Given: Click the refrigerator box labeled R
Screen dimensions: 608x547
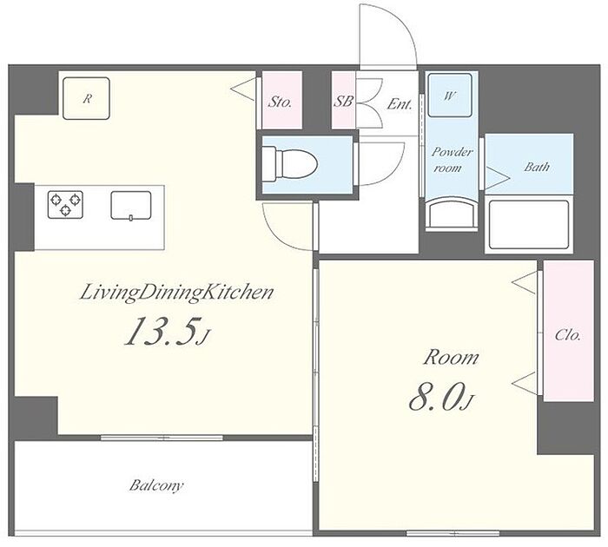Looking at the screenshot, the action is coord(87,98).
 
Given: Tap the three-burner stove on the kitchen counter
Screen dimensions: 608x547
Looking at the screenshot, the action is coord(65,204).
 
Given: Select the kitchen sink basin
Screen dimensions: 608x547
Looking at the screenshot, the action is coord(131,206).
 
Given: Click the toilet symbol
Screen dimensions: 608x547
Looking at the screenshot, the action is coord(289,164).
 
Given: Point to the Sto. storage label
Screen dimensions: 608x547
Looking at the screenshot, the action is coord(281,102).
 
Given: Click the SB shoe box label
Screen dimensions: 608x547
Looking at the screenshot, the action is coord(343,102).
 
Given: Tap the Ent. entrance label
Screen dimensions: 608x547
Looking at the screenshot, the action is coord(400,104).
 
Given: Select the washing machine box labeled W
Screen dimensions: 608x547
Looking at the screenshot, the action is coord(450,96).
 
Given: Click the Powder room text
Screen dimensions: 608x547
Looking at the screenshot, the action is coord(451,160).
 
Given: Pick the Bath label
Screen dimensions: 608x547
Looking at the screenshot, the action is coord(537,167).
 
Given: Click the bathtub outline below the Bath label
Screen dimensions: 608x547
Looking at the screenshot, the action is coord(529,225).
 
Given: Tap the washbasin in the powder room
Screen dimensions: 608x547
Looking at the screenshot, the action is coord(451,214).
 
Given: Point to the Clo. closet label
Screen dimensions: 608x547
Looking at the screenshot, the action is coord(568,335).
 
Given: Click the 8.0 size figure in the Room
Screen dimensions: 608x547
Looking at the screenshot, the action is coord(440,396).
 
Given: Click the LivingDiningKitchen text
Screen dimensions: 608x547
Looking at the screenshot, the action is coord(177,293).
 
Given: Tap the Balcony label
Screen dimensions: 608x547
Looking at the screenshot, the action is coord(156,485).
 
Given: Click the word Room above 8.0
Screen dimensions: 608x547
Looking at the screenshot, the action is coord(451,358).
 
